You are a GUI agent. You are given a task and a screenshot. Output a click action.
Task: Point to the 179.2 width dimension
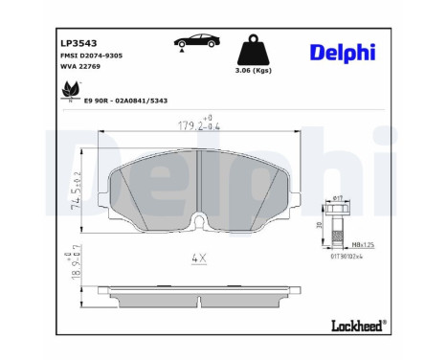pyautogui.click(x=191, y=123)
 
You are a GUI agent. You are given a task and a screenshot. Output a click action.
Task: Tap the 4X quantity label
pyautogui.click(x=200, y=258)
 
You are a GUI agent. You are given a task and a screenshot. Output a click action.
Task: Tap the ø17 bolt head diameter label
pyautogui.click(x=336, y=198)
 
